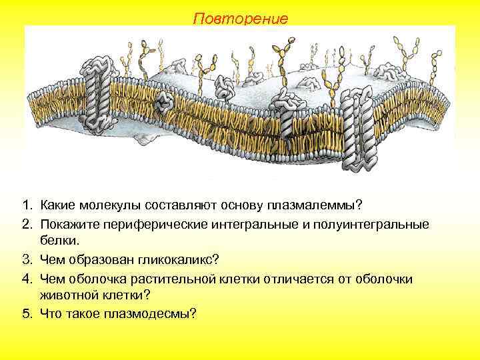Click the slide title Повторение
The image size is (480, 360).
pos(241,18)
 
